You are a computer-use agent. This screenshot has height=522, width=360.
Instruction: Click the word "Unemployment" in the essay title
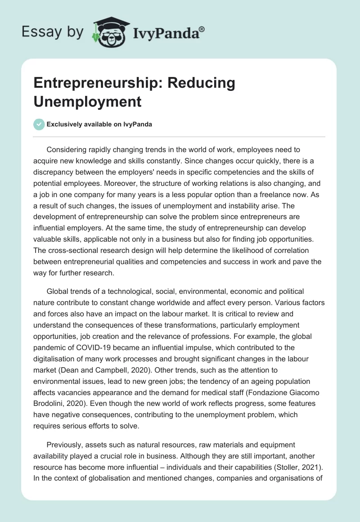pyautogui.click(x=88, y=101)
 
